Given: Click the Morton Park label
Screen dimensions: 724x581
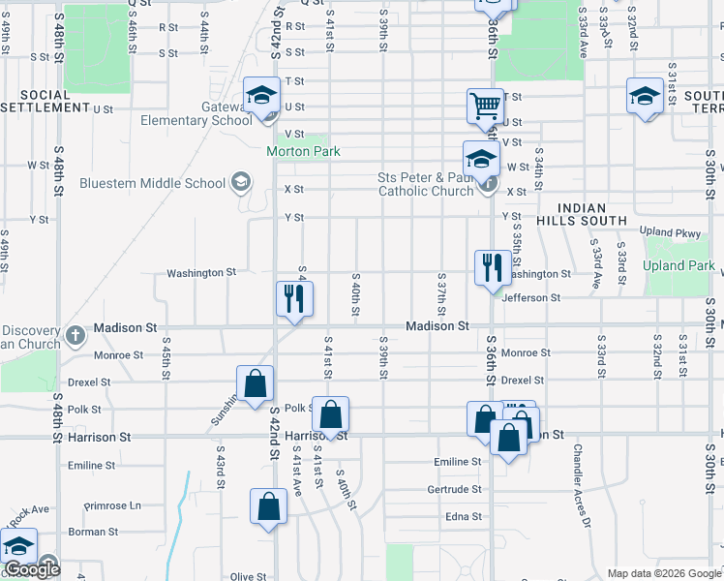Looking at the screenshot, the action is pos(304,151).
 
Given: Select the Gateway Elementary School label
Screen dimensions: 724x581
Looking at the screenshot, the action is pos(196,113).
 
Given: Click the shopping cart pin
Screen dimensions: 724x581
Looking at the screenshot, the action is pos(485,107).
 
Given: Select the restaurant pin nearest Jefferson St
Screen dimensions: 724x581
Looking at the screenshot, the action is pos(493,267).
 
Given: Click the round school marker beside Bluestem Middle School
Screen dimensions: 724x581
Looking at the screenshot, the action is pos(240,183).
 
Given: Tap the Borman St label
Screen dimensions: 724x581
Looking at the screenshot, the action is pos(93,532).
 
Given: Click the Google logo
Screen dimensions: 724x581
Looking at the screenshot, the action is pos(32,569).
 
